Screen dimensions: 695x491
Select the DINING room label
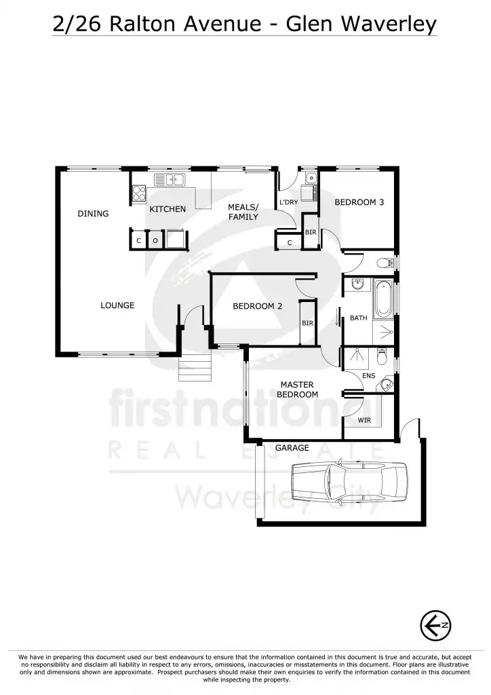pos(93,214)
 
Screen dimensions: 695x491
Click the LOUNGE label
pos(117,305)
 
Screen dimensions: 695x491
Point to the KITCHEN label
pos(168,209)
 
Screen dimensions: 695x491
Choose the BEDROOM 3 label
pos(359,202)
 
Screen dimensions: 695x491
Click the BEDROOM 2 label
pos(257,306)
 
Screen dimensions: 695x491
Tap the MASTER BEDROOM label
pos(297,390)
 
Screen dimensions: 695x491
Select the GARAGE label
pos(292,448)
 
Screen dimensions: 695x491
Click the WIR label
pos(364,421)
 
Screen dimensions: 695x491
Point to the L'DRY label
pos(288,202)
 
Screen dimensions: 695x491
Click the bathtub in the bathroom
pos(382,298)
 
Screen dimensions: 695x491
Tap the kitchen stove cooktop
pos(139,193)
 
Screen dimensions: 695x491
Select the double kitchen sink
pos(170,180)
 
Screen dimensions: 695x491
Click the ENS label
pos(369,375)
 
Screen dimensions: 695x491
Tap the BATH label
pos(358,318)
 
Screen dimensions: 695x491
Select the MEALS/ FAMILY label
pos(243,212)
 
